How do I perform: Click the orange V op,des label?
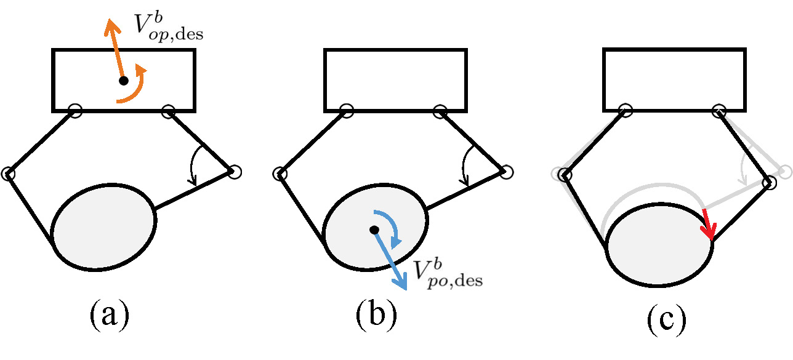point(167,26)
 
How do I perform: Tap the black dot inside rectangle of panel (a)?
point(123,81)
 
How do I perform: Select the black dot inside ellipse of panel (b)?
point(373,230)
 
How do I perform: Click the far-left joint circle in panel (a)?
point(8,174)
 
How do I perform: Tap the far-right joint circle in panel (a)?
point(235,172)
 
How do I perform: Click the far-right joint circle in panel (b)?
point(506,172)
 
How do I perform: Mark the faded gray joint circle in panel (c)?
point(785,172)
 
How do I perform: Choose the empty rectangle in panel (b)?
point(395,80)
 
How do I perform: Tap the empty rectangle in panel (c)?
point(674,80)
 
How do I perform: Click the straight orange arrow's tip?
point(110,22)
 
